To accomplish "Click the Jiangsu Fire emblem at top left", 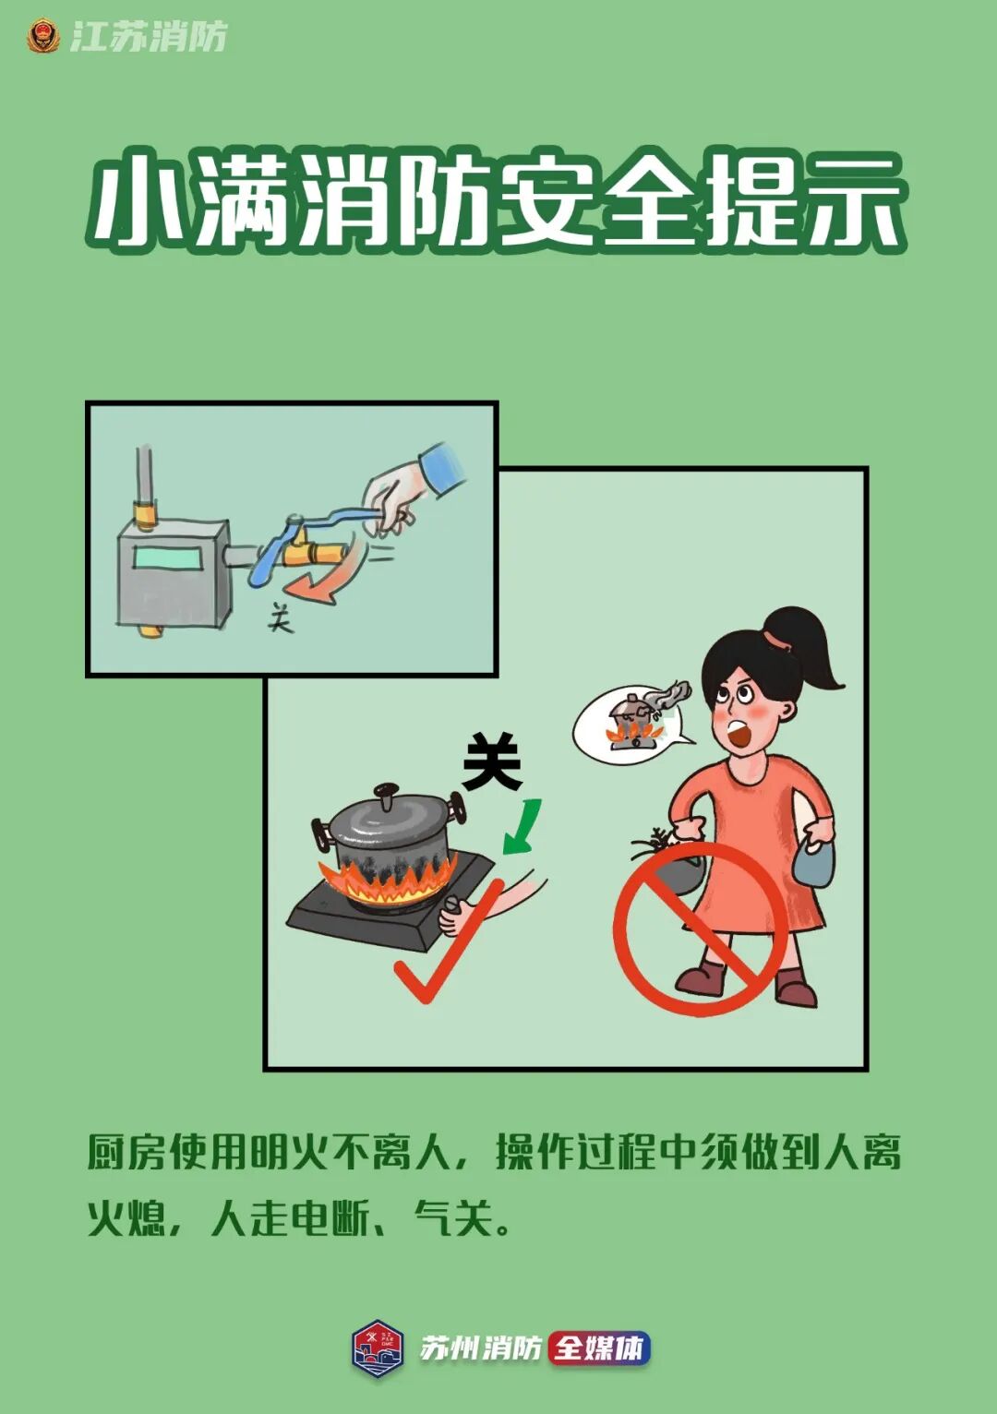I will [x=42, y=37].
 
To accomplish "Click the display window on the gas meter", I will [x=173, y=558].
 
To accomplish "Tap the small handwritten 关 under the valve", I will [x=280, y=617].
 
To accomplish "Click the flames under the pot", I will [x=388, y=881].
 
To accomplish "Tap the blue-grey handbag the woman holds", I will [x=815, y=863].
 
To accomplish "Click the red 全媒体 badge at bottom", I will [x=600, y=1348].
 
